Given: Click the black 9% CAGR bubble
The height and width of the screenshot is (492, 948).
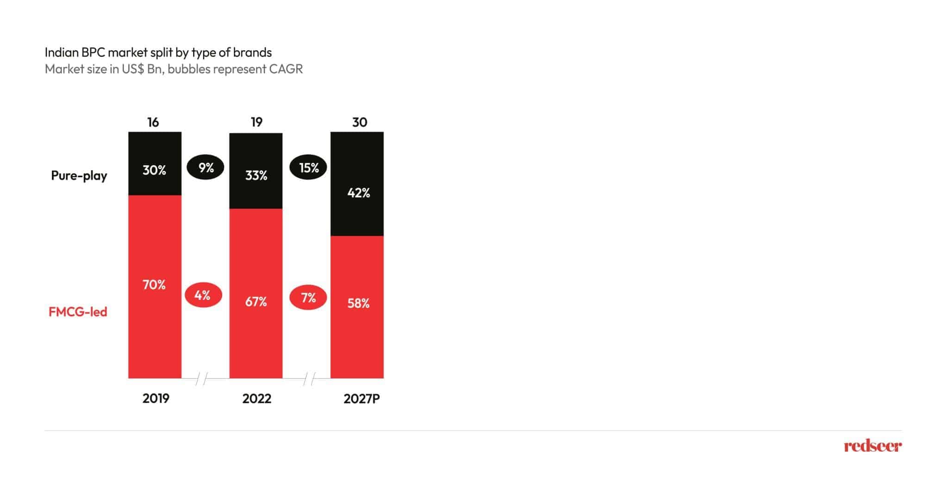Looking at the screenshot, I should pos(206,168).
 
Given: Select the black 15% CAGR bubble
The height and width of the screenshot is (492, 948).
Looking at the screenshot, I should pos(308,168).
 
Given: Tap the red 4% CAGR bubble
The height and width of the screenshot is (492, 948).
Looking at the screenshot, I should pos(203,295).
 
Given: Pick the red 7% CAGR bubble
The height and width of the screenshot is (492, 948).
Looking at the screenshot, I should pos(308,297).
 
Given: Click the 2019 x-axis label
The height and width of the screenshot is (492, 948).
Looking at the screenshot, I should pos(156,399).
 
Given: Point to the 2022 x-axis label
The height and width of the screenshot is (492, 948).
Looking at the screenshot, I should pos(256,399).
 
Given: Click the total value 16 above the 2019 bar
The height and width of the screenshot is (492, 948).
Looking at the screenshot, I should pos(153,122).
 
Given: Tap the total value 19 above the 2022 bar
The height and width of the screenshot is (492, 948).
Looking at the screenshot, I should pos(256,122).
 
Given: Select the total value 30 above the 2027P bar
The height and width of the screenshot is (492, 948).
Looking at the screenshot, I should pos(360,122).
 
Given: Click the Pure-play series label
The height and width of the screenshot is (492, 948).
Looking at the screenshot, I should pos(79,176).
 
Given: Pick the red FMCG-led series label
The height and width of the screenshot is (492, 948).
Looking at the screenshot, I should pos(78,312).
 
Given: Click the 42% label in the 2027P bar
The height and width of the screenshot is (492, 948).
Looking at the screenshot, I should pos(359,193).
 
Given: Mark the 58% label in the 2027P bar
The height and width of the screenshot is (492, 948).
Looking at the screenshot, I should pos(359,304).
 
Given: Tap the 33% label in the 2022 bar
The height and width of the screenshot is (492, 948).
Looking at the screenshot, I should pos(256,176).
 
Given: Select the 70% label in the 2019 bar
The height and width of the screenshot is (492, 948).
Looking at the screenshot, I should pos(154,285).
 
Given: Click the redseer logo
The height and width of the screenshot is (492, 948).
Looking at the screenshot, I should pos(873,446).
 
